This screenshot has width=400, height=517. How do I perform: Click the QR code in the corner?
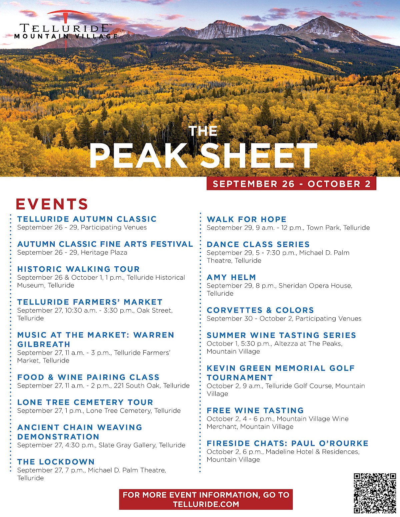(375, 493)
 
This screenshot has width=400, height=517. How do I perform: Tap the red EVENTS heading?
(52, 204)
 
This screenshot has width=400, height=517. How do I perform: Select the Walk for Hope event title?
(246, 219)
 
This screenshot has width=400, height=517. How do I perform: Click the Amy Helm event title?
(231, 277)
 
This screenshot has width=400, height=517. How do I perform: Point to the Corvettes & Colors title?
(260, 310)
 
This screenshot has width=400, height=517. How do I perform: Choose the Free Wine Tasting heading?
(255, 410)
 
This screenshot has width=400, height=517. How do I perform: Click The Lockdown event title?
(56, 462)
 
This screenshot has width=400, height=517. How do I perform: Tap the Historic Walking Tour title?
(78, 269)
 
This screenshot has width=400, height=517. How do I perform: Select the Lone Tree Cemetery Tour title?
(85, 402)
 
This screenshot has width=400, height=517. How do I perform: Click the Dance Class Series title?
(258, 244)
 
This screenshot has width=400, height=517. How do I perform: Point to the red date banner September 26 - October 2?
(291, 184)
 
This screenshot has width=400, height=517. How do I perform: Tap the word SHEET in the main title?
(258, 156)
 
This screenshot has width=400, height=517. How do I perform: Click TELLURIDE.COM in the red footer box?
(206, 504)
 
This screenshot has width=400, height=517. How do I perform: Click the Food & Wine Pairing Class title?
(88, 377)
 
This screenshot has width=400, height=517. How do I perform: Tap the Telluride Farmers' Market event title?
(90, 302)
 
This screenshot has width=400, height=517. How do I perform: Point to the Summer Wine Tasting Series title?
(281, 335)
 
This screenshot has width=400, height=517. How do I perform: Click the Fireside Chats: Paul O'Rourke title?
(287, 443)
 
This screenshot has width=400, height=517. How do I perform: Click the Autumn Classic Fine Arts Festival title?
(105, 244)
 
